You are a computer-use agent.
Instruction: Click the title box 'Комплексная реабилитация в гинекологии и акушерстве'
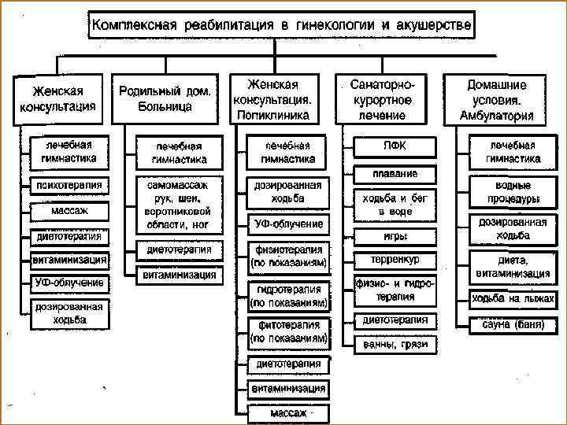tap(282, 26)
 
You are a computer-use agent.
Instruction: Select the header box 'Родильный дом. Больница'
tap(165, 98)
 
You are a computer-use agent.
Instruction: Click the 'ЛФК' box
tap(395, 146)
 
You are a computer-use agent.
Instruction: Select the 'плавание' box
tap(395, 173)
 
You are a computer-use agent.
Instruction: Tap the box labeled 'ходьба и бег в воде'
tap(395, 205)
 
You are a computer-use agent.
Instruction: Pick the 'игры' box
tap(395, 235)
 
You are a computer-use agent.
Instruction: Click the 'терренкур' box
tap(395, 259)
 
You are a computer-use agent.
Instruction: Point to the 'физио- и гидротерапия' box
tap(395, 290)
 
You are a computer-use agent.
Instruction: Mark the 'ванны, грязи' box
tap(395, 344)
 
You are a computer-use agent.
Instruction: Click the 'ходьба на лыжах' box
tap(513, 298)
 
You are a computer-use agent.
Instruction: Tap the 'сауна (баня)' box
tap(513, 323)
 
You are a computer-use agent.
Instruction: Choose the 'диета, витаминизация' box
tap(513, 266)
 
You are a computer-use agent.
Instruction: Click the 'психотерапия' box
tap(69, 186)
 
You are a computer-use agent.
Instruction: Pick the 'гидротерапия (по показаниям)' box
tap(289, 295)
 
